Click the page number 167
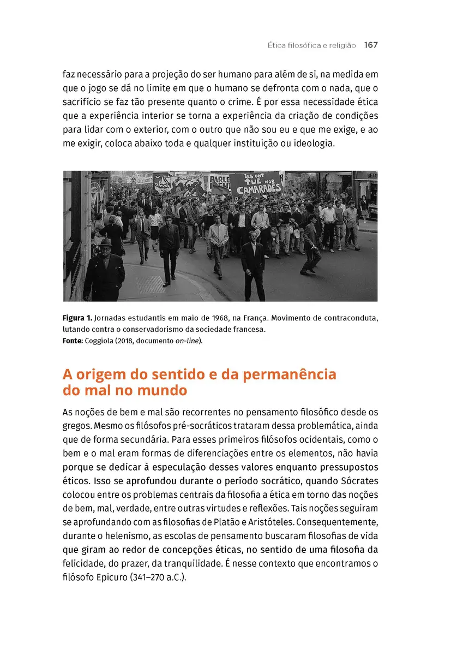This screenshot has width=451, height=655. [x=371, y=45]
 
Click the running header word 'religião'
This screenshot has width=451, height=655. [x=341, y=45]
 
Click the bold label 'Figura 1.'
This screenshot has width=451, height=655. [x=80, y=318]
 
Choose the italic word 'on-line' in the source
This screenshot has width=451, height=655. [x=188, y=341]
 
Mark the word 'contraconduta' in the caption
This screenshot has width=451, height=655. [x=351, y=318]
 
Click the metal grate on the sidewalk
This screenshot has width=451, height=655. [x=150, y=284]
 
